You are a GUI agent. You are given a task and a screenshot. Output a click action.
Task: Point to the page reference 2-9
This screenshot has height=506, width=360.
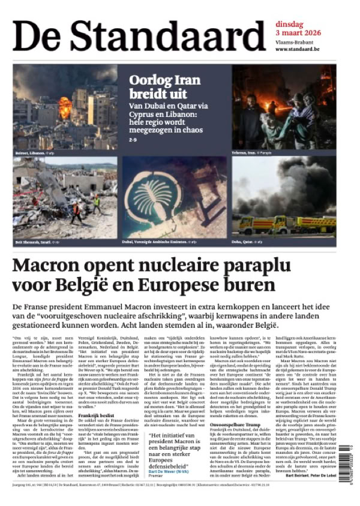pos(133,140)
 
